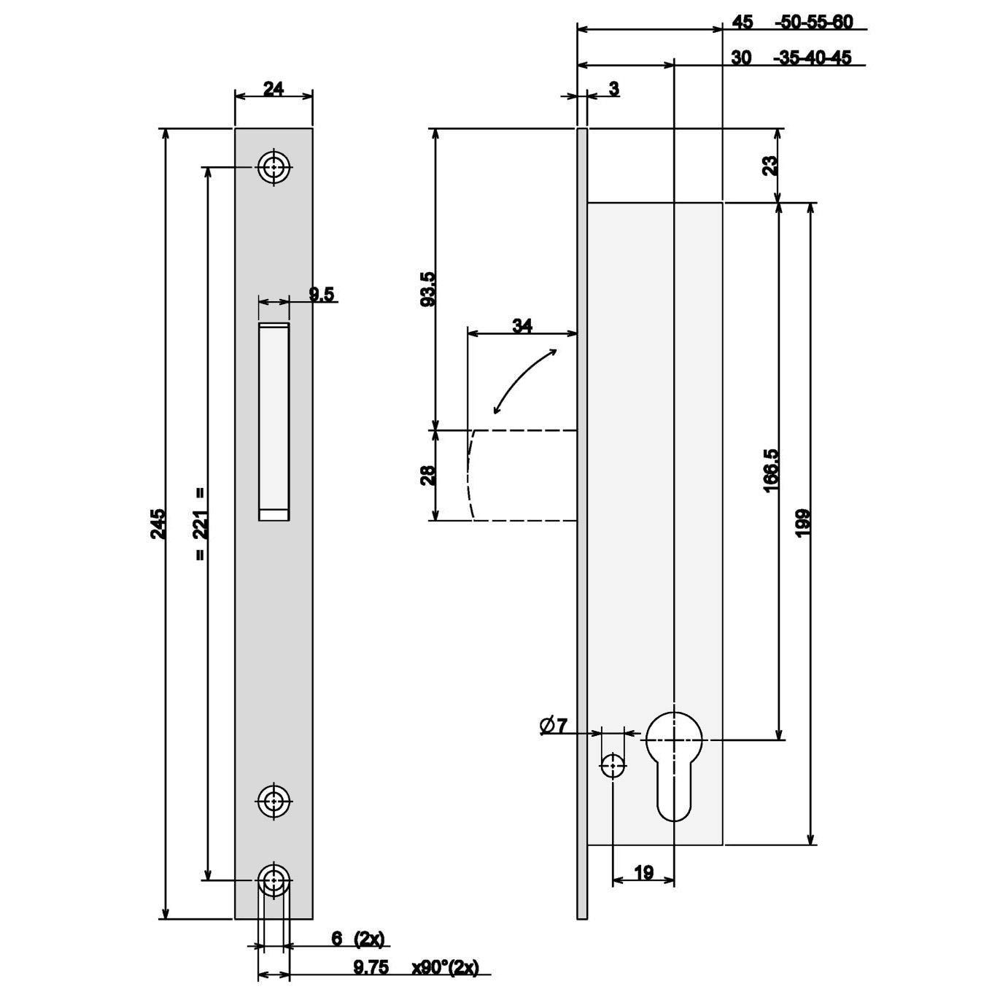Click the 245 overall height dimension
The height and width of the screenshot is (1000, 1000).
159,524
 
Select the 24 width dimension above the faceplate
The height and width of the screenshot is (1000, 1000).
274,89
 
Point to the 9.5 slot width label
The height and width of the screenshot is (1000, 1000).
322,294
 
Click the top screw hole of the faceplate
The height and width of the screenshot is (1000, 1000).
274,168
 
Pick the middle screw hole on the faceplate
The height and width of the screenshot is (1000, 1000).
274,802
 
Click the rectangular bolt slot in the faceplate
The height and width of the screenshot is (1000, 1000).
274,421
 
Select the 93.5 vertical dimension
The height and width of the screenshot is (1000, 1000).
429,289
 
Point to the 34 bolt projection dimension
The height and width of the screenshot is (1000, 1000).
522,326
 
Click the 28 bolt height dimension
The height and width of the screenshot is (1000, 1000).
429,475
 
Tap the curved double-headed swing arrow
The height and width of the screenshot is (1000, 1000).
524,381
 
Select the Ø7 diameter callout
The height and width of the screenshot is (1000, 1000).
554,725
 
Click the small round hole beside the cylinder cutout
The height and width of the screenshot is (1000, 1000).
613,766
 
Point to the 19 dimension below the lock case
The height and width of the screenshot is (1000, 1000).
643,873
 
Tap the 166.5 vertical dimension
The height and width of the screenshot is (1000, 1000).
771,471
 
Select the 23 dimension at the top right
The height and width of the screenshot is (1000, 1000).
771,166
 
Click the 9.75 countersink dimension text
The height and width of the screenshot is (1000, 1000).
371,967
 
